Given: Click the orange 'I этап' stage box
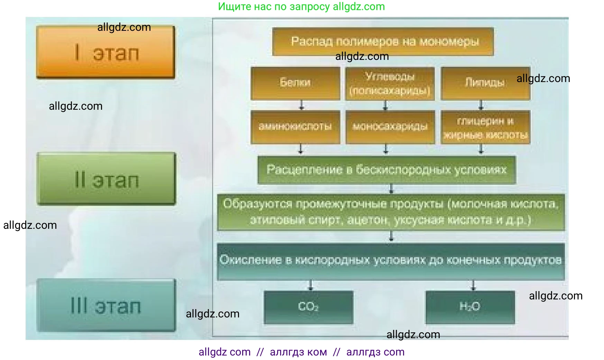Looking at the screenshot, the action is [106, 52].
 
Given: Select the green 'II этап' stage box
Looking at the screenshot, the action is [106, 179].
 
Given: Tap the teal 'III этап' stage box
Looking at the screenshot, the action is [106, 305].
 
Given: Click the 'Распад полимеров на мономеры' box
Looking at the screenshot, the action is [383, 42].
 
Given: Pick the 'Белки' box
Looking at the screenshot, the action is [295, 83].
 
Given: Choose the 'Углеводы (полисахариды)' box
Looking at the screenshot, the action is [390, 83].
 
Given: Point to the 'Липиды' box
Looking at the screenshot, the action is [485, 83].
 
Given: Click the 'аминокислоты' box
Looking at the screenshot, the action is [295, 127].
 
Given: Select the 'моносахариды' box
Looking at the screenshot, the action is [390, 127].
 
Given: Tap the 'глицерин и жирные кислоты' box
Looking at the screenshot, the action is [485, 127].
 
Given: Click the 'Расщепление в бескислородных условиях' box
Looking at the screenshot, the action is [387, 170].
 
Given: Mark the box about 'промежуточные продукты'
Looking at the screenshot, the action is [391, 212].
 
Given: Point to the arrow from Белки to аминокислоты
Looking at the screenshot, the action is [301, 105].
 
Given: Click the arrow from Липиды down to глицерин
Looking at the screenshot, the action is [481, 105].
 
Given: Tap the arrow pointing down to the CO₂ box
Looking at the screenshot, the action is [310, 286].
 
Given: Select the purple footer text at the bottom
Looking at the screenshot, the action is [301, 352].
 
